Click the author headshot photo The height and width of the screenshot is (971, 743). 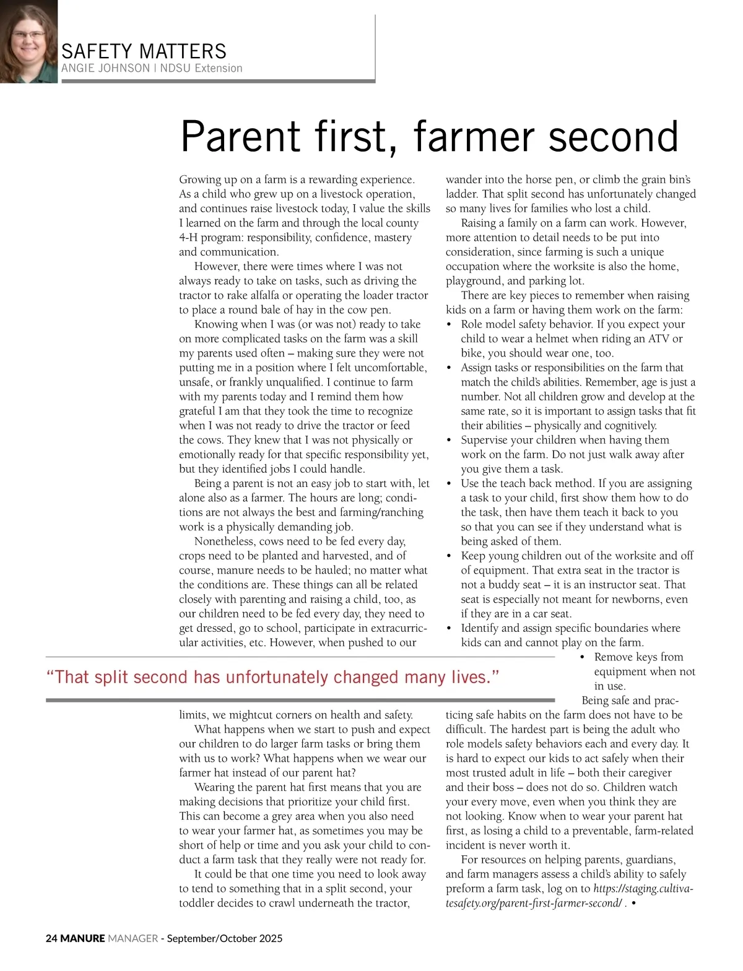point(28,41)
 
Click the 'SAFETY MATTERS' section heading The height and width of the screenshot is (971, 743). point(144,51)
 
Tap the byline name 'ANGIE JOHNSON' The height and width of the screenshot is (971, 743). point(105,68)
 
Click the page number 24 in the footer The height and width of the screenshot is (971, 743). point(51,938)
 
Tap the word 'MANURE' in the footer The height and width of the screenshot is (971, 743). point(82,938)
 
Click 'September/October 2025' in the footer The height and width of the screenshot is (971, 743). point(225,938)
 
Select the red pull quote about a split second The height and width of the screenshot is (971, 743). point(272,677)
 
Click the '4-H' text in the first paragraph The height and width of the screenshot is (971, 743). point(189,238)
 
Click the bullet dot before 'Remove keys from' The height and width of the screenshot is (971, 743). point(583,657)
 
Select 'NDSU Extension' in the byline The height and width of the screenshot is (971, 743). point(201,68)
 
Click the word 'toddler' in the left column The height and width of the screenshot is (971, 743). point(198,903)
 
